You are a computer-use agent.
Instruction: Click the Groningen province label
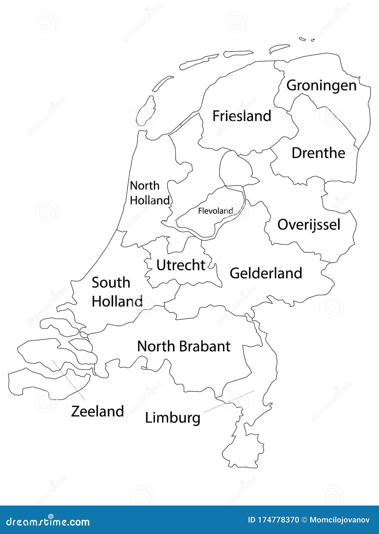coord(321,86)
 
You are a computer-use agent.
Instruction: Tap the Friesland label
coord(242,116)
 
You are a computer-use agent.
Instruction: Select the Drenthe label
coord(318,153)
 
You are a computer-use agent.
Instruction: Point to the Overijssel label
coord(309,225)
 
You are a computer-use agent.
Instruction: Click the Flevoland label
coord(215,211)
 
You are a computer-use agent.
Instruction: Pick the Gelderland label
coord(266,273)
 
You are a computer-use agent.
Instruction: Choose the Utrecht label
coord(181,265)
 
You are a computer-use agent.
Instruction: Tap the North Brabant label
coord(183,346)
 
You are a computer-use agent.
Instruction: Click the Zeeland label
coord(97,411)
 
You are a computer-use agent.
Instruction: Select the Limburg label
coord(172,418)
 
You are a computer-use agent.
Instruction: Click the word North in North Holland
coord(145,186)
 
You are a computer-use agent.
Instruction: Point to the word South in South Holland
coord(111,282)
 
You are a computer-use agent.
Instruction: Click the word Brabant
coord(205,346)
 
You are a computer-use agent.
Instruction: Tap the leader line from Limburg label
coord(229,401)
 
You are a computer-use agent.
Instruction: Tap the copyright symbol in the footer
coord(304,520)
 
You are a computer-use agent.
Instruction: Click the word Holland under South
coord(117,301)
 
